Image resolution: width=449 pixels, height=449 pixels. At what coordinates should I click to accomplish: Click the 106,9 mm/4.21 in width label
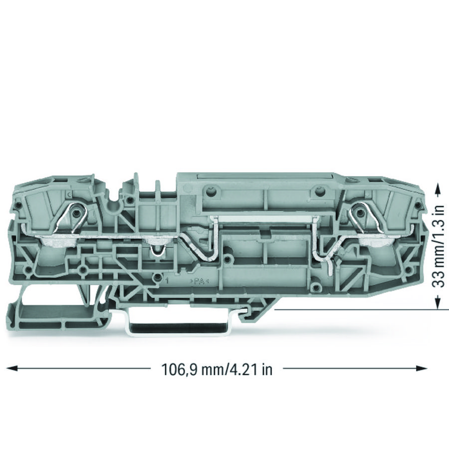pyautogui.click(x=217, y=369)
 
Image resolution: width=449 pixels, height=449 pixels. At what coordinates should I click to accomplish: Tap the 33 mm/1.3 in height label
pyautogui.click(x=438, y=246)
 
